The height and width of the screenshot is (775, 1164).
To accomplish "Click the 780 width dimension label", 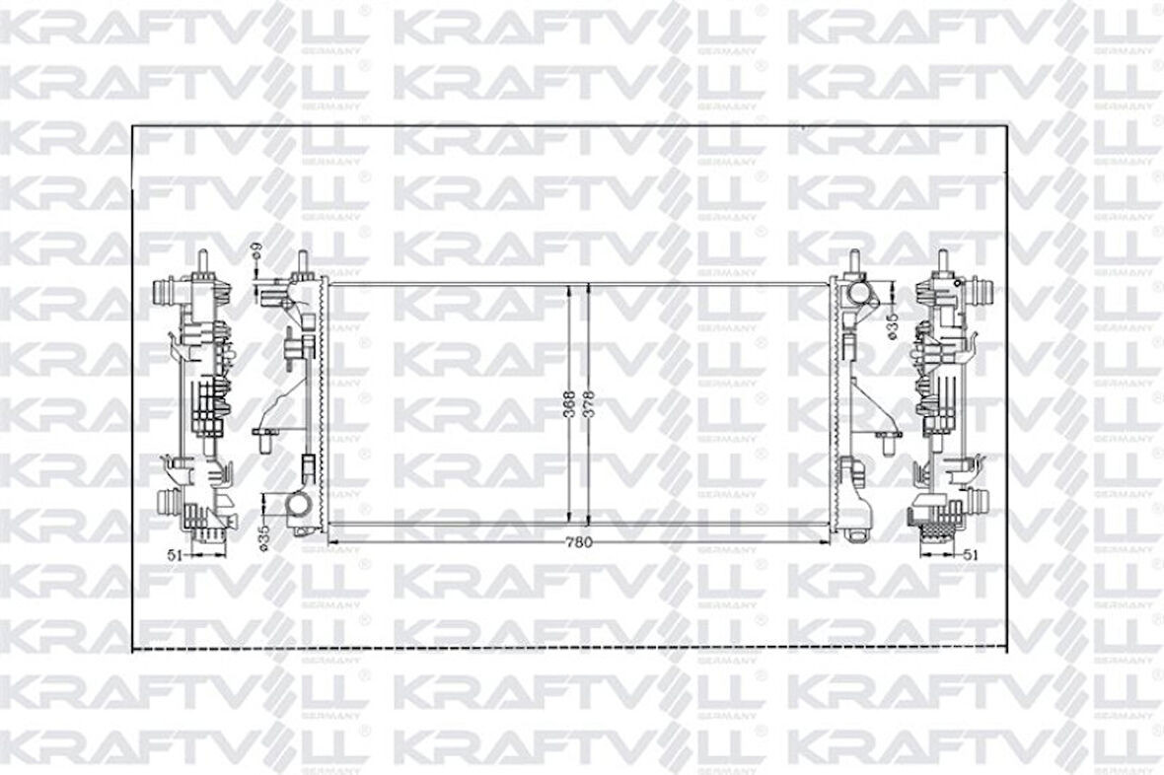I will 579,541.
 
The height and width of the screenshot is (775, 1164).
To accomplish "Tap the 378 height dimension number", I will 590,403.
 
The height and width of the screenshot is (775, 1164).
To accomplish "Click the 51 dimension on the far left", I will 175,555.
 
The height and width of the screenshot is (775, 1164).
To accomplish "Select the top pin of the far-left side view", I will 202,261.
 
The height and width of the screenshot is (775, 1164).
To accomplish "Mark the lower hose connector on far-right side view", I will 980,503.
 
